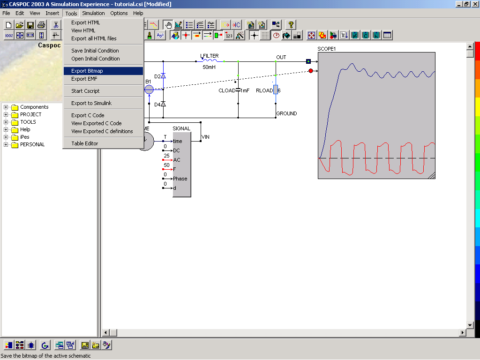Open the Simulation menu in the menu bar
(x=93, y=13)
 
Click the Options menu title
(x=119, y=13)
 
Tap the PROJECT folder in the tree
(x=30, y=114)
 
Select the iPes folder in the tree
(x=25, y=137)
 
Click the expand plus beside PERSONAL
(x=6, y=144)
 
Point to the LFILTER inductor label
(x=210, y=56)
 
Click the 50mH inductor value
(x=209, y=67)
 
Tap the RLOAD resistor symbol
(x=276, y=90)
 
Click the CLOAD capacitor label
(x=227, y=90)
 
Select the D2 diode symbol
(x=163, y=75)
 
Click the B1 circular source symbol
(x=149, y=90)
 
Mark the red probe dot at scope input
(x=311, y=71)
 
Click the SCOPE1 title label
(x=327, y=49)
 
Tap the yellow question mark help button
(x=291, y=25)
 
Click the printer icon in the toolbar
(x=41, y=25)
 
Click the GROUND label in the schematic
(x=286, y=113)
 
